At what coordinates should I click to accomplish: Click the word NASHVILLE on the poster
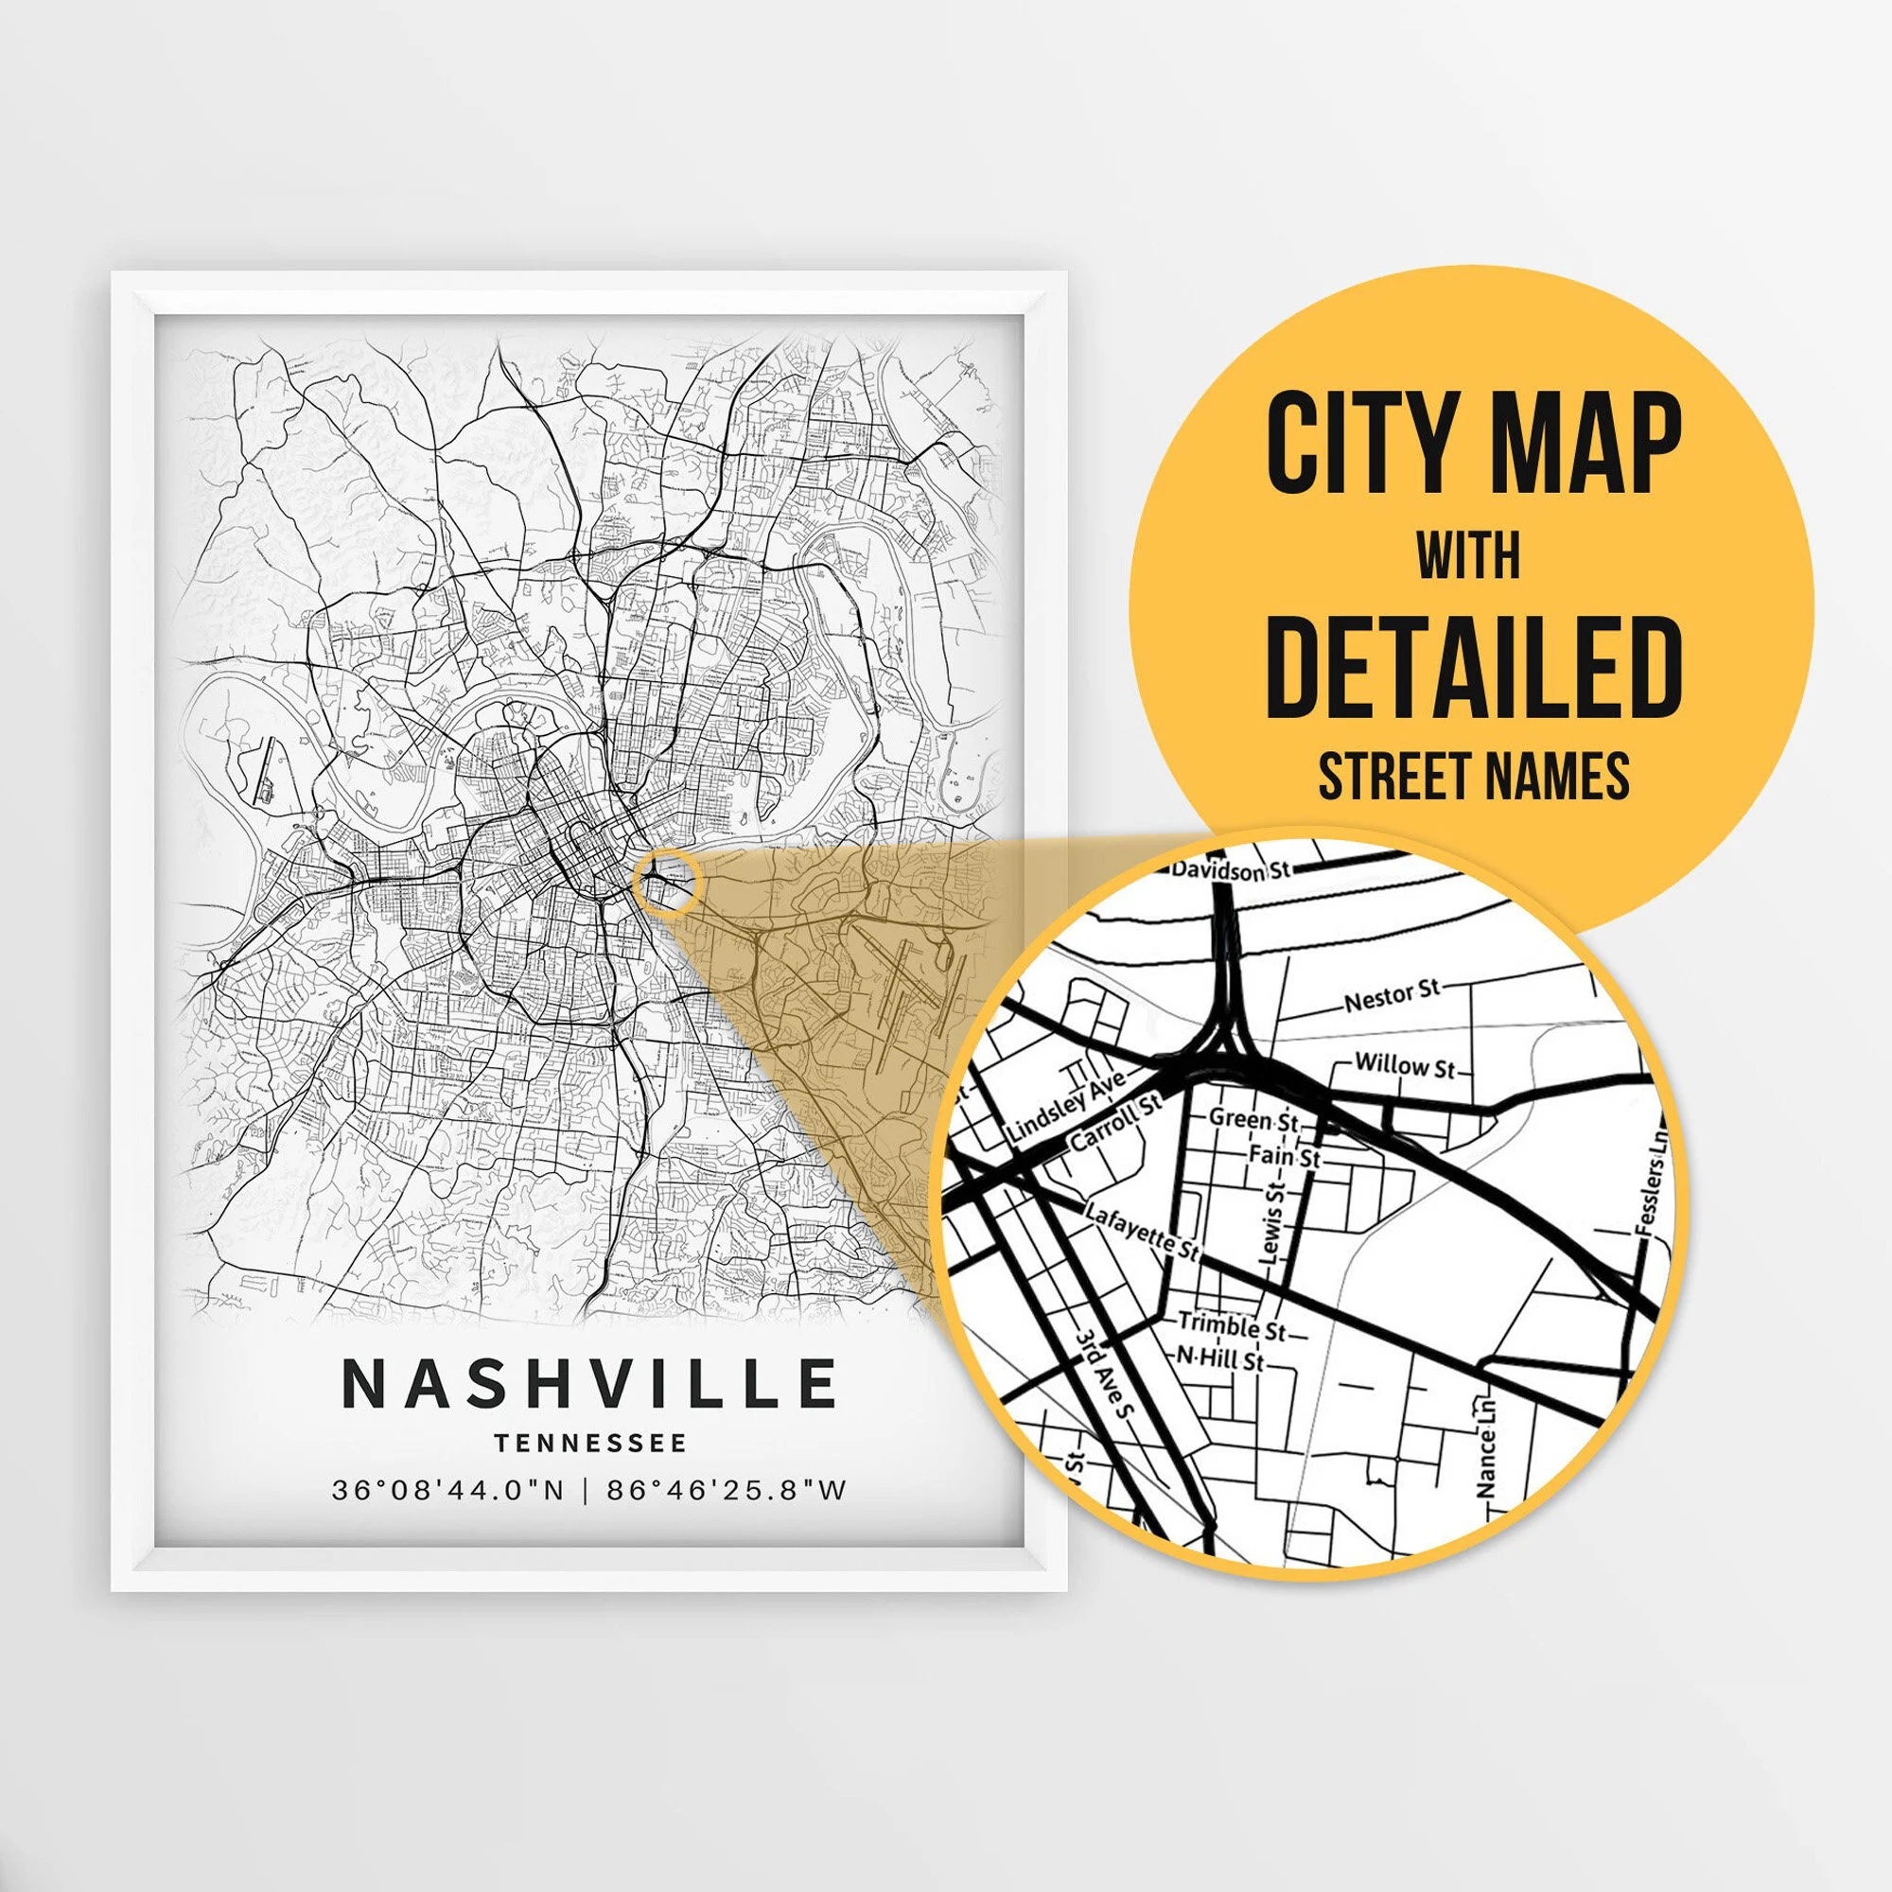[x=589, y=1383]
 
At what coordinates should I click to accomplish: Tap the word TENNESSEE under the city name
[x=590, y=1444]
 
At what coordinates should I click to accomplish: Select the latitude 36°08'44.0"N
[x=448, y=1491]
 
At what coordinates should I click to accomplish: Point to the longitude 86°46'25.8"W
[x=727, y=1491]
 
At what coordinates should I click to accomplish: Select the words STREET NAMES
[x=1474, y=776]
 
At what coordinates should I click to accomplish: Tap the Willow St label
[x=1406, y=1066]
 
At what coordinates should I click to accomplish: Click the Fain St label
[x=1285, y=1156]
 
